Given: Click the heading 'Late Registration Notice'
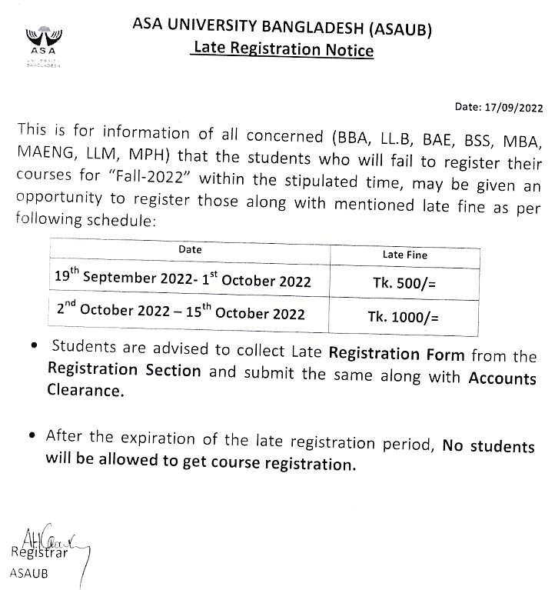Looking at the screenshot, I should (x=283, y=51).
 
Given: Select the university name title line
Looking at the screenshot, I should (x=284, y=30).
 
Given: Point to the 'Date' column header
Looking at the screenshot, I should (x=190, y=250).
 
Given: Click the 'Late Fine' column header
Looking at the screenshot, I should (x=404, y=255).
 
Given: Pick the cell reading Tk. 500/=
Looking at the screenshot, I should (x=404, y=282).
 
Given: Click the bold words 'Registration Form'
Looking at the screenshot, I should (x=396, y=355).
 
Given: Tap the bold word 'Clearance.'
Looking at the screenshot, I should (x=85, y=391).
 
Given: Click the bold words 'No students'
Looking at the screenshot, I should (x=488, y=446).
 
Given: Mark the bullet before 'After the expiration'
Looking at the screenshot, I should (x=31, y=436).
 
